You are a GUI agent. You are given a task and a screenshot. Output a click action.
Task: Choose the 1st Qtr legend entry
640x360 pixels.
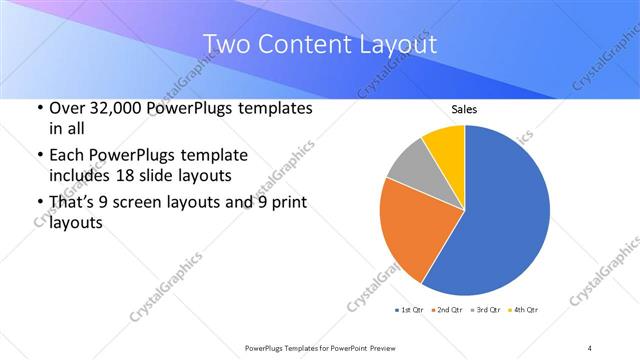click(x=407, y=310)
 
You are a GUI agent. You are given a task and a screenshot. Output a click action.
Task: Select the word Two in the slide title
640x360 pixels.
click(x=223, y=46)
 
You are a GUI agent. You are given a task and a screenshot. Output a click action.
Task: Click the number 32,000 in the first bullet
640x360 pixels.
click(x=114, y=108)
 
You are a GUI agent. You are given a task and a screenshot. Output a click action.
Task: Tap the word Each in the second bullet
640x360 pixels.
click(x=66, y=155)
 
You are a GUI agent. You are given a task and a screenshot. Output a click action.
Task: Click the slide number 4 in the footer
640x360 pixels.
click(x=590, y=347)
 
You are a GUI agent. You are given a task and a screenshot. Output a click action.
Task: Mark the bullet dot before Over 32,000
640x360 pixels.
click(x=37, y=108)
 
